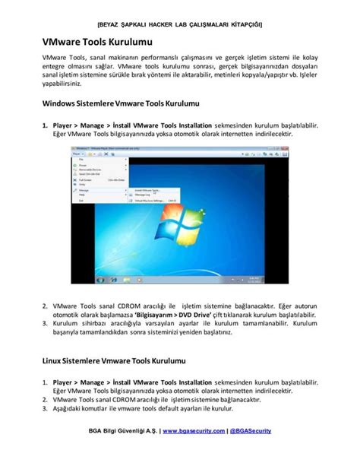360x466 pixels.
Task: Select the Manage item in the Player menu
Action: (x=85, y=190)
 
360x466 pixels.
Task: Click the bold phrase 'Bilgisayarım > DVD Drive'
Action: (x=164, y=314)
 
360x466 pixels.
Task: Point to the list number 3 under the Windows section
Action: (x=45, y=323)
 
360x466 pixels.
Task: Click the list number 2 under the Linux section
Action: (x=45, y=398)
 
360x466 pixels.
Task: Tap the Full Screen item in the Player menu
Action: (x=86, y=179)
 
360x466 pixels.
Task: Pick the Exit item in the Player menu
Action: (x=81, y=201)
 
